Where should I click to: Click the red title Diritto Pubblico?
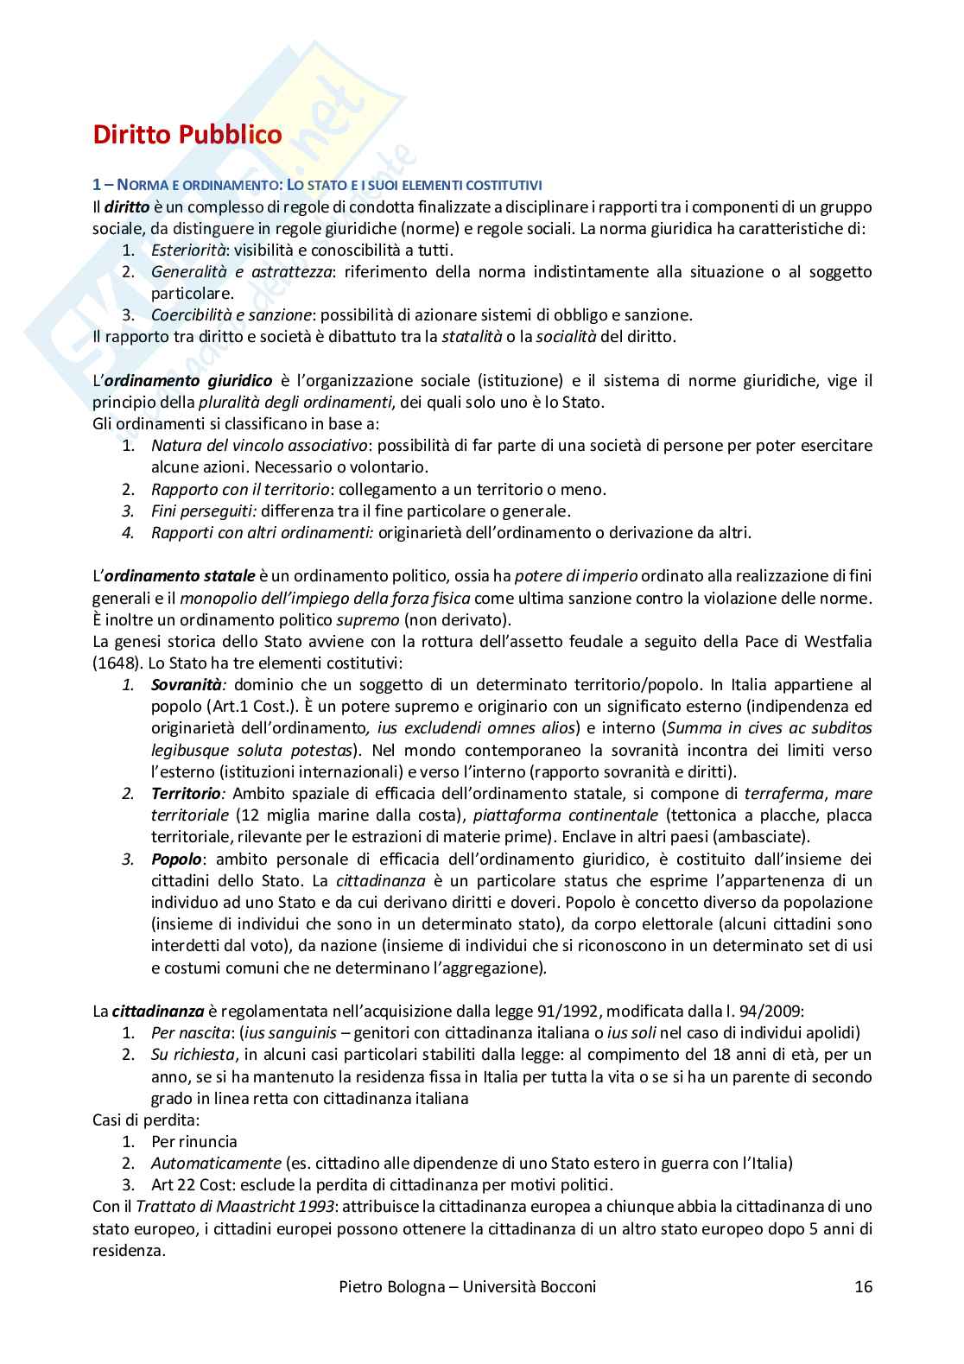coord(187,136)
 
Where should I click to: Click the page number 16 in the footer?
coord(863,1286)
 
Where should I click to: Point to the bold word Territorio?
coord(186,793)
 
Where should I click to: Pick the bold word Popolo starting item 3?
coord(176,859)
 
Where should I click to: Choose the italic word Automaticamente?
coord(216,1163)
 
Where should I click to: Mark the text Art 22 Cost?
coord(187,1184)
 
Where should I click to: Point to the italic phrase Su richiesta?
coord(193,1054)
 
